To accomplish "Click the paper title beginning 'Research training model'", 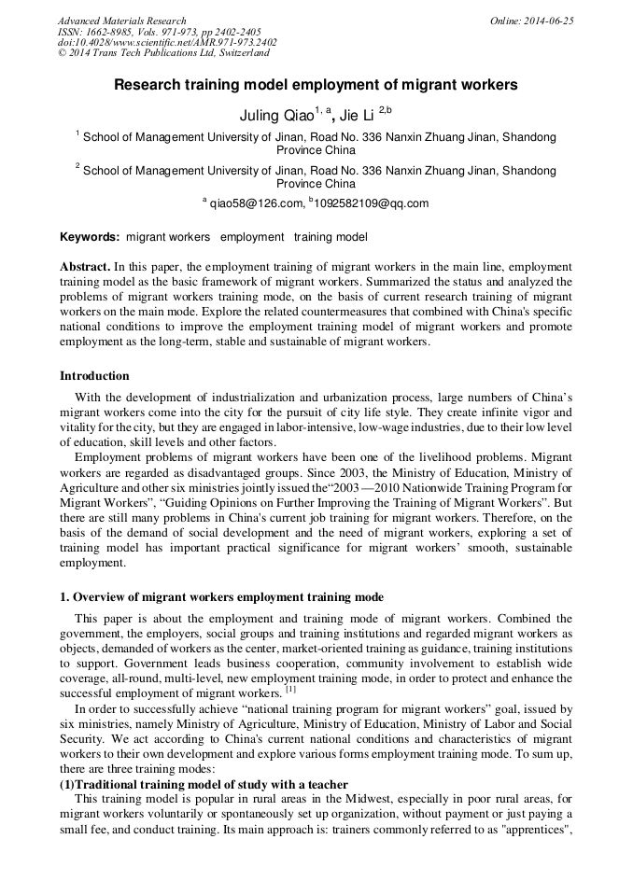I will tap(316, 85).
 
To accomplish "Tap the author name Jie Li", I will tap(357, 116).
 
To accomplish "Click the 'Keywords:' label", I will tap(90, 237).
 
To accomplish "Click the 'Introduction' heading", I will tap(94, 376).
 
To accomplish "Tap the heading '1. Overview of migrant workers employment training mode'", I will tap(221, 597).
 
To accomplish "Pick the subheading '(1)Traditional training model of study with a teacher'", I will tap(204, 785).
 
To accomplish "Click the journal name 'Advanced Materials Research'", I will tap(121, 21).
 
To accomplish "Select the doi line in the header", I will tap(166, 43).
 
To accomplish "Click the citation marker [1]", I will tap(290, 690).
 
